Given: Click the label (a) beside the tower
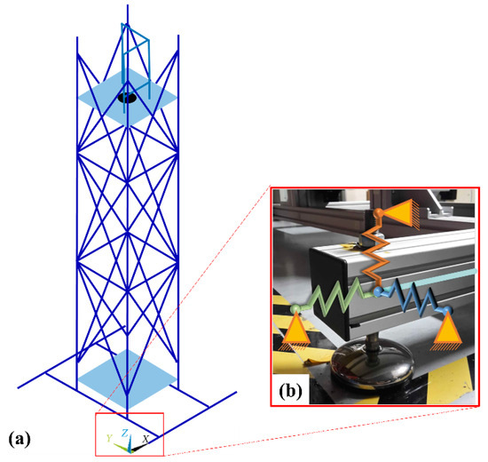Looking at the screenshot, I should [20, 439].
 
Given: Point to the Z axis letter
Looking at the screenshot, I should [127, 432].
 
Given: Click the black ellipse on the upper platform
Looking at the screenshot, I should [128, 99].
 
